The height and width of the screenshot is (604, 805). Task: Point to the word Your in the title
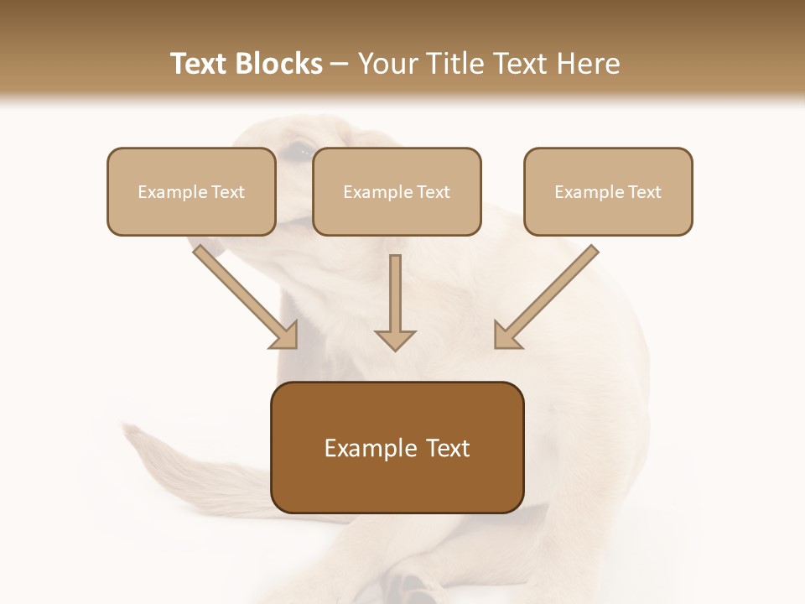[x=384, y=64]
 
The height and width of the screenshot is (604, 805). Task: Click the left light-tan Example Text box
[x=191, y=191]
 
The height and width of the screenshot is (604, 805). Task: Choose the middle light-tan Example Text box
[x=397, y=191]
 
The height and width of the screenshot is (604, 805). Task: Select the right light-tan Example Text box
[x=608, y=191]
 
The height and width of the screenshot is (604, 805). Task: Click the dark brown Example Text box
[x=397, y=448]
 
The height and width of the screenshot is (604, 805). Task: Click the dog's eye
[x=293, y=152]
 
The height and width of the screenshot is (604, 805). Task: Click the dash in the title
[x=340, y=64]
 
